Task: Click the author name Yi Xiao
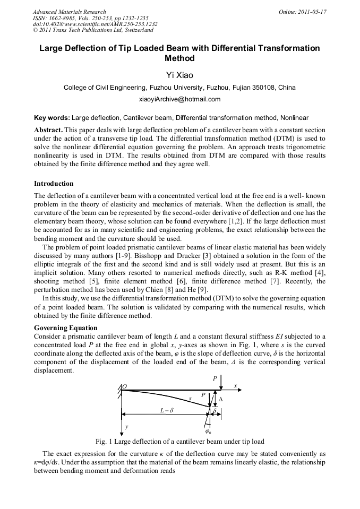(180, 75)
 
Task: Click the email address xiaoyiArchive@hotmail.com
(180, 99)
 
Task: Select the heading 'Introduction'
(54, 184)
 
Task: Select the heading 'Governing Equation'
(66, 328)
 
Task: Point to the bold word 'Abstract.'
(49, 130)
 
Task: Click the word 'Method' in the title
(180, 58)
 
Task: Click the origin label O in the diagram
(125, 387)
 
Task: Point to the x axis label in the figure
(235, 386)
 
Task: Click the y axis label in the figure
(126, 426)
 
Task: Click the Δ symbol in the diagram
(221, 399)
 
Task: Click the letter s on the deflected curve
(190, 398)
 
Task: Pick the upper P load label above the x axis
(215, 378)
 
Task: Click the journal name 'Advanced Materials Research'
(70, 11)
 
